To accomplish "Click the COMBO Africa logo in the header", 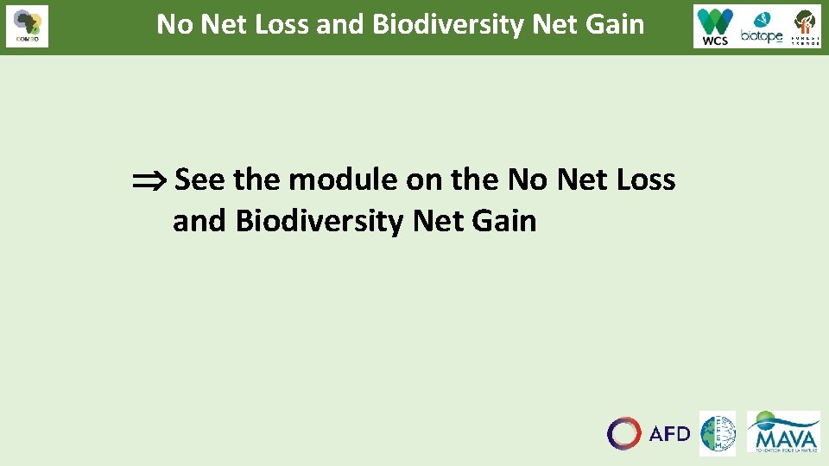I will click(x=27, y=26).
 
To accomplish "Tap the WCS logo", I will click(x=715, y=27).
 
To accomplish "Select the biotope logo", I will click(x=761, y=28).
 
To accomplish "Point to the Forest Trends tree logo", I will click(x=806, y=26).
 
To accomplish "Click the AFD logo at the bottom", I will click(x=649, y=433).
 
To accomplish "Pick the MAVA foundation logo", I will click(x=783, y=431).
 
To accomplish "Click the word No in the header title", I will click(x=175, y=24).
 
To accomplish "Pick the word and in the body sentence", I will click(x=199, y=222).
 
